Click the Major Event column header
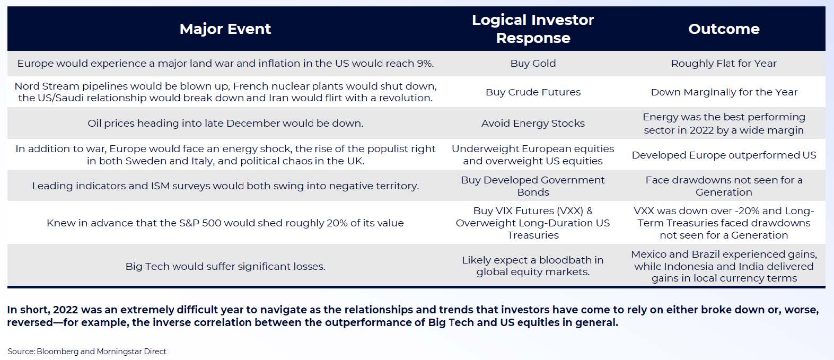(x=225, y=29)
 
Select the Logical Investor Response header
(x=533, y=29)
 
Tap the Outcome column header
(x=724, y=29)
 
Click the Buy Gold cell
(x=533, y=63)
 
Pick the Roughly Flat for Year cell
(x=724, y=63)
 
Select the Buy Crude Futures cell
(x=533, y=92)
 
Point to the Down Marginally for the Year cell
(x=724, y=92)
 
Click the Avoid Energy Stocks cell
(x=533, y=123)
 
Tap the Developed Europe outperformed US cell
(x=724, y=155)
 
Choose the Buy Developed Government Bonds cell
(x=533, y=186)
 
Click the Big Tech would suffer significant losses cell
(x=225, y=266)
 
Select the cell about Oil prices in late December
(x=225, y=123)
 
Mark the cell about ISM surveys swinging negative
(x=225, y=186)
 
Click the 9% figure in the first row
(x=425, y=63)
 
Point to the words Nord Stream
(x=47, y=86)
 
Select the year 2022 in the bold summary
(x=65, y=310)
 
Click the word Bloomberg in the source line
(x=57, y=352)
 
